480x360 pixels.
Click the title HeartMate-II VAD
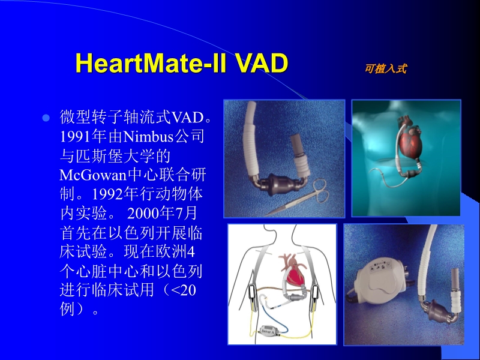click(x=182, y=64)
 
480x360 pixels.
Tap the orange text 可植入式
click(x=385, y=69)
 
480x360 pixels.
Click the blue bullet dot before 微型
click(x=45, y=116)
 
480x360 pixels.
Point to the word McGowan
click(x=90, y=176)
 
